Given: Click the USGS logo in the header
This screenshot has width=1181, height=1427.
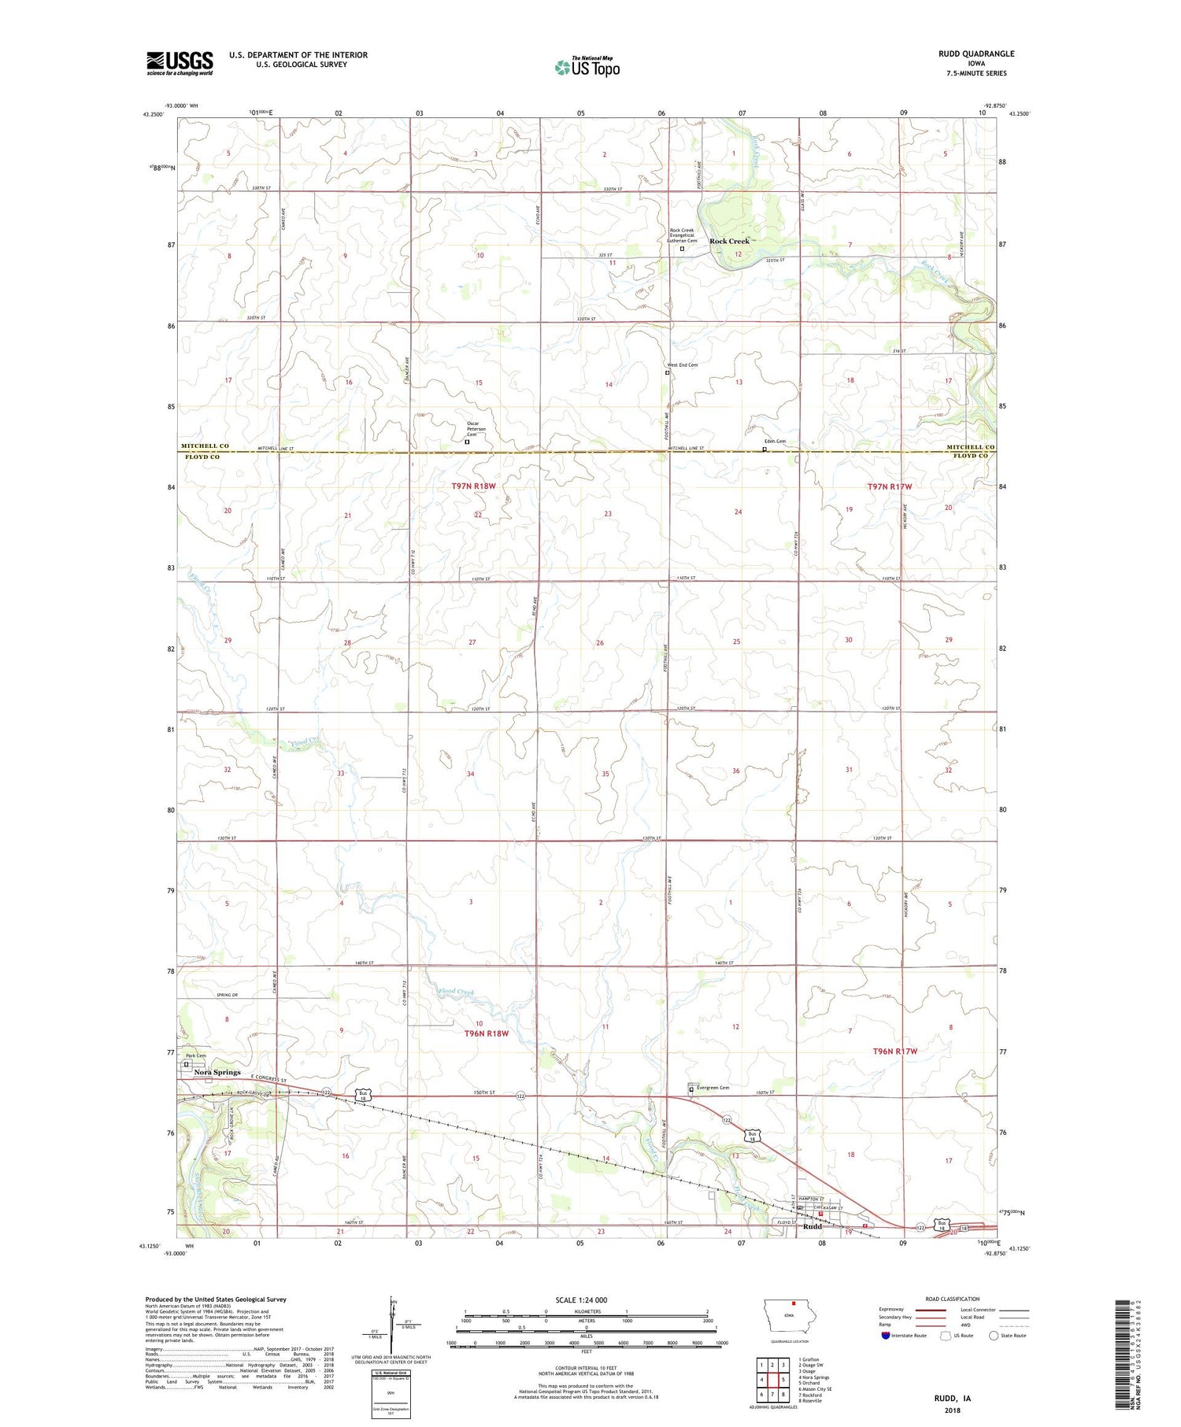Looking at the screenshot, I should [x=180, y=63].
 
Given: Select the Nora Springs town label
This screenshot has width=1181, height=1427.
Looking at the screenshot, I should [x=217, y=1072].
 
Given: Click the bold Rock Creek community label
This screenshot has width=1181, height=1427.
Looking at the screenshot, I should [x=729, y=241].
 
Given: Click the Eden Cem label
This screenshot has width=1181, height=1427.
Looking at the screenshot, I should [x=775, y=442].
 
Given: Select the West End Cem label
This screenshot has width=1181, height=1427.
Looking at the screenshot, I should [x=682, y=365].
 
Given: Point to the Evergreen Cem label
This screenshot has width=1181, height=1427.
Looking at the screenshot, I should [x=712, y=1088].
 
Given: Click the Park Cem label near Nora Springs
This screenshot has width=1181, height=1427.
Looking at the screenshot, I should [x=195, y=1055].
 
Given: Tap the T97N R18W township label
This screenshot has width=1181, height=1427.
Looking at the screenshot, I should [x=473, y=486].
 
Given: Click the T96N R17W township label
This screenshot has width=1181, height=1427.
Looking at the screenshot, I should [x=895, y=1051].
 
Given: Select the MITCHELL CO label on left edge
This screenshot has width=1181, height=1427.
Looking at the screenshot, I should [x=205, y=446].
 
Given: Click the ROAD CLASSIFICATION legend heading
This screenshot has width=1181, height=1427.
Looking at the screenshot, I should [x=952, y=1299].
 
